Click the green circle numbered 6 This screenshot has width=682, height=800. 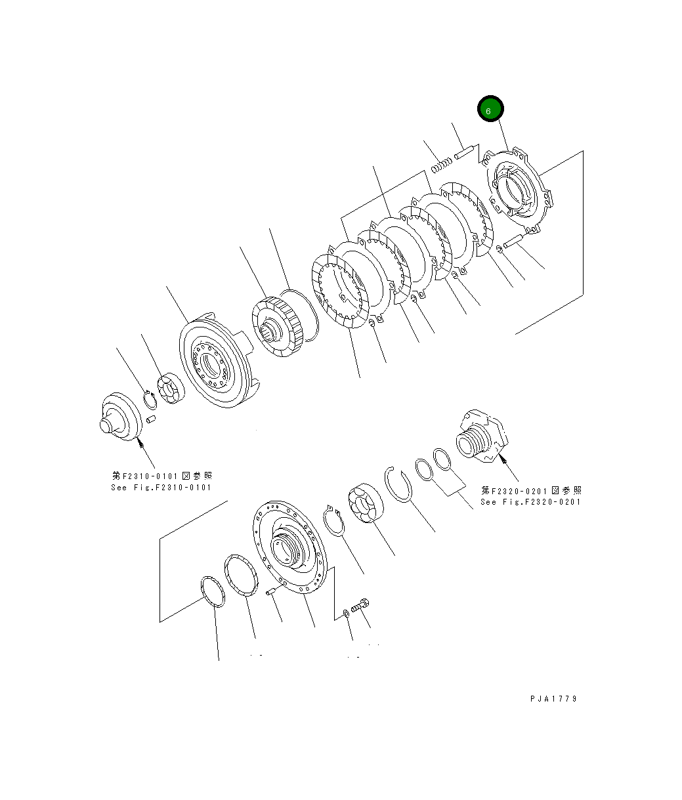pyautogui.click(x=490, y=110)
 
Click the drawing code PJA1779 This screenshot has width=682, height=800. pyautogui.click(x=553, y=699)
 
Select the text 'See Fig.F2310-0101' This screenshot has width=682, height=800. pyautogui.click(x=161, y=488)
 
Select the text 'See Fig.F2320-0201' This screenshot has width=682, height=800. pyautogui.click(x=530, y=502)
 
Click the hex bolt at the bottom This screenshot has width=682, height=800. pyautogui.click(x=360, y=606)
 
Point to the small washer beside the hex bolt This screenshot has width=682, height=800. pyautogui.click(x=346, y=614)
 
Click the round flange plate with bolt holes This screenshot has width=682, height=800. pyautogui.click(x=289, y=546)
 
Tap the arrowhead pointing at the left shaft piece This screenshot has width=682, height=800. pyautogui.click(x=139, y=444)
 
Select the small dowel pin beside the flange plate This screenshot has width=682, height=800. pyautogui.click(x=270, y=593)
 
